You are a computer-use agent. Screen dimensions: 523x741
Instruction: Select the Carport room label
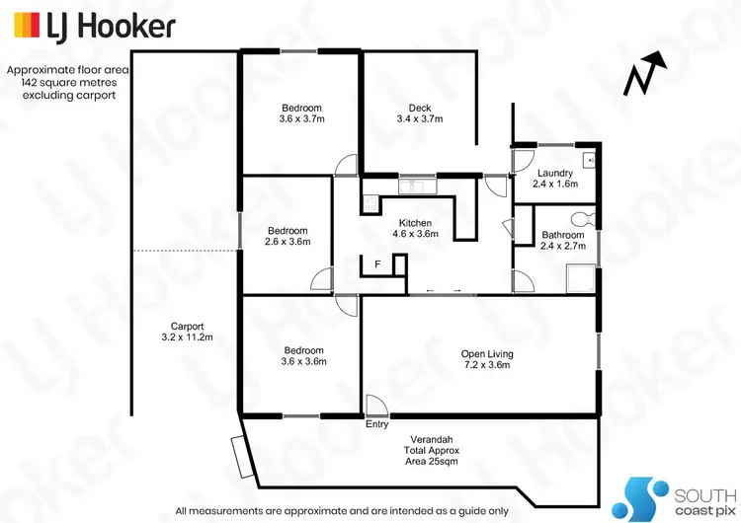point(187,327)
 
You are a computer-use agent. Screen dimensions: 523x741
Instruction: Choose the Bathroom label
point(560,235)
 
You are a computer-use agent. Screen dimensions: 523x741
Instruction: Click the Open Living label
point(487,353)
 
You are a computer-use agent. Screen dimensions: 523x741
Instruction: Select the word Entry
point(377,424)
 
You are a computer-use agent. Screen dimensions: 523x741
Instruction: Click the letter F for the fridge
point(376,264)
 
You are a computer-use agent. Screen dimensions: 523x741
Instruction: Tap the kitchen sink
point(412,184)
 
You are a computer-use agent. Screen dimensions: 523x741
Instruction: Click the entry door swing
point(375,406)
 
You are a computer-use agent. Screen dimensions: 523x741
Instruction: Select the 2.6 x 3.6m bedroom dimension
point(287,242)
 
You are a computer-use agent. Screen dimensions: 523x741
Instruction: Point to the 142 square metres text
point(63,83)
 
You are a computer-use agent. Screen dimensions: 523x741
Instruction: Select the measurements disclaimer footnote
point(342,510)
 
